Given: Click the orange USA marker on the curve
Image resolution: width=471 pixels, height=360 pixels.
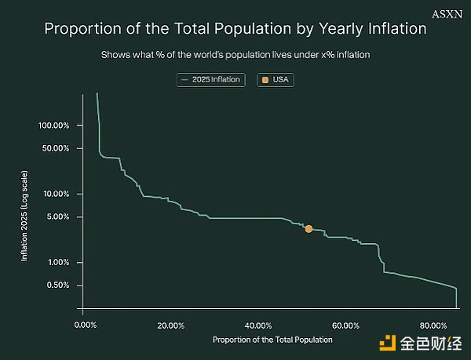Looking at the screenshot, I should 309,228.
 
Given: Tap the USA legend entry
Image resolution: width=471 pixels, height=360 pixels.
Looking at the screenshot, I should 276,80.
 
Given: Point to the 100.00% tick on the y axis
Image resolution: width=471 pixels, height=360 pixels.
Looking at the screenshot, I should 54,125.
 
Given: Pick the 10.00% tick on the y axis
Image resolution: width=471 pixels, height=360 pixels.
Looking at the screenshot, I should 57,194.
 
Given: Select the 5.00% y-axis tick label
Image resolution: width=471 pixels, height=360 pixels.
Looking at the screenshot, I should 58,216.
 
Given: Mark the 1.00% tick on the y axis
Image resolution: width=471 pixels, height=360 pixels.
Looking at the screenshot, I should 58,262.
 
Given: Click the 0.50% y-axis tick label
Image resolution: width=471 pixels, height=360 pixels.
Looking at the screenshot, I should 58,285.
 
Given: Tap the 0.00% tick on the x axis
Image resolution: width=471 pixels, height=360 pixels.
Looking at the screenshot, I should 84,325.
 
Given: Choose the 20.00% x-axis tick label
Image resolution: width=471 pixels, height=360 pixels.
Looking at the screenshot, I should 171,325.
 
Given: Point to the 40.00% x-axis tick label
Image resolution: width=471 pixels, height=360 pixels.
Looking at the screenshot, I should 258,325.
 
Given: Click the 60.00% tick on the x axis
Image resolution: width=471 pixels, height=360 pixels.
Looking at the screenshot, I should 345,325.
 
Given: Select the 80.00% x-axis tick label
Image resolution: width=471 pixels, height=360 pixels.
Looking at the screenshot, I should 433,325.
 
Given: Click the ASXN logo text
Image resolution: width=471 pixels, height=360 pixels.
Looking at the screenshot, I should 449,13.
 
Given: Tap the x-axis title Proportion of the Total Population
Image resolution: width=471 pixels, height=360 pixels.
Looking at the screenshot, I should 272,340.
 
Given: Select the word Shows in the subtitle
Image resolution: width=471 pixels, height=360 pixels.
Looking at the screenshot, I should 115,56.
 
